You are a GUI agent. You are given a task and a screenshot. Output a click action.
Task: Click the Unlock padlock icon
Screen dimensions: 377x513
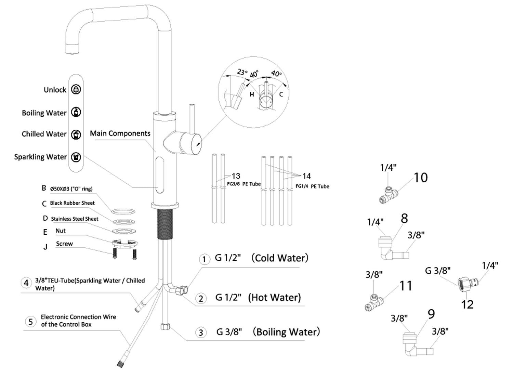pyautogui.click(x=76, y=90)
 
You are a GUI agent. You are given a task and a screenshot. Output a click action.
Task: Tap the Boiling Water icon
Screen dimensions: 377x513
pyautogui.click(x=76, y=112)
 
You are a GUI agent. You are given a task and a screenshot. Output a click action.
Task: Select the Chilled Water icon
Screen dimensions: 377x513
pyautogui.click(x=76, y=134)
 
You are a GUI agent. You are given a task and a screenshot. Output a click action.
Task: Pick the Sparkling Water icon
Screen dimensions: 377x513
pyautogui.click(x=76, y=157)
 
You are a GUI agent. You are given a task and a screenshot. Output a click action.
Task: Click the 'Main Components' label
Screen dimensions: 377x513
pyautogui.click(x=120, y=133)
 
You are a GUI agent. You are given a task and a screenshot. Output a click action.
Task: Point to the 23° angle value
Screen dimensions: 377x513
pyautogui.click(x=242, y=72)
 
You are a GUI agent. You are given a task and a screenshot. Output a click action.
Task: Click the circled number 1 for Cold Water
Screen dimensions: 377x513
pyautogui.click(x=204, y=259)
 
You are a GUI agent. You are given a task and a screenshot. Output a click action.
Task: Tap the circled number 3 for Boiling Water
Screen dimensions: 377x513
pyautogui.click(x=201, y=333)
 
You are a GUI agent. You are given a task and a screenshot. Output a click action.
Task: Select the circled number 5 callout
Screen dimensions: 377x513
pyautogui.click(x=31, y=322)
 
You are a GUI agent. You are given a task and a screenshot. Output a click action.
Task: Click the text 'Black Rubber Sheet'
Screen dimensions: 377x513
pyautogui.click(x=72, y=203)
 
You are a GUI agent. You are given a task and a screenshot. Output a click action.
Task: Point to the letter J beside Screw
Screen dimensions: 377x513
pyautogui.click(x=45, y=247)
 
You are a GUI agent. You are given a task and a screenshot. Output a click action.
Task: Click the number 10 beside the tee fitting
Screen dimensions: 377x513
pyautogui.click(x=420, y=178)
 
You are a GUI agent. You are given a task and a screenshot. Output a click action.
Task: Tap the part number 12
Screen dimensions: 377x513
pyautogui.click(x=467, y=304)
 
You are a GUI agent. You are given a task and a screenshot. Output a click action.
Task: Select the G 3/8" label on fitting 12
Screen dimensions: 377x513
pyautogui.click(x=437, y=271)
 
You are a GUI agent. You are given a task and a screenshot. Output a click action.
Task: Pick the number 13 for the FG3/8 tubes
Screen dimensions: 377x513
pyautogui.click(x=236, y=176)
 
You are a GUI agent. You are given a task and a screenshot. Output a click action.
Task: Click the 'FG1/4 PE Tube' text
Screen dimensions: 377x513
pyautogui.click(x=312, y=186)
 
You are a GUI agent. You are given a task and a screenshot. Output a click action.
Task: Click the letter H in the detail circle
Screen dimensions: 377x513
pyautogui.click(x=252, y=94)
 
